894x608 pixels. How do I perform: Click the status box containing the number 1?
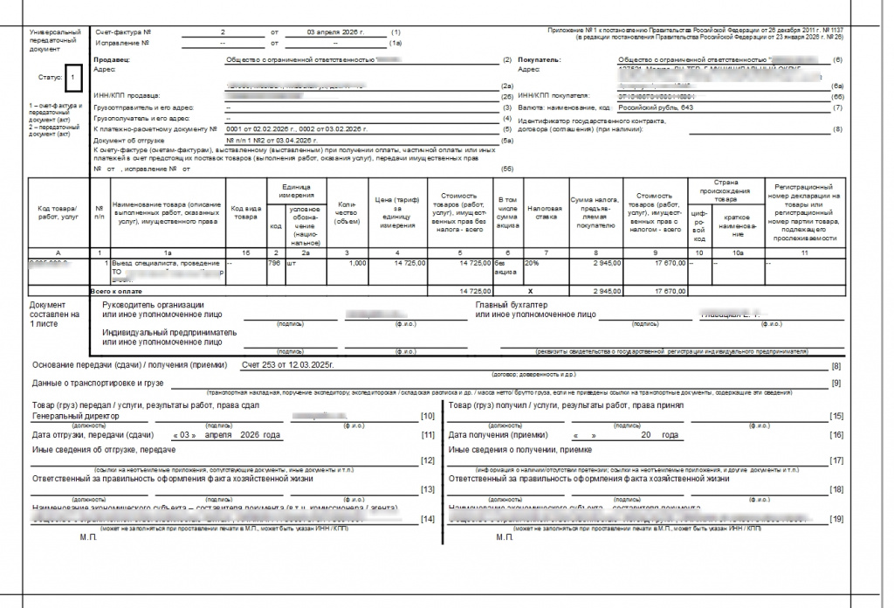click(74, 77)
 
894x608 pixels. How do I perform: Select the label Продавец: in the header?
click(111, 59)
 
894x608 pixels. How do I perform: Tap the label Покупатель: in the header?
click(540, 59)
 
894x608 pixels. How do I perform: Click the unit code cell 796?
click(274, 262)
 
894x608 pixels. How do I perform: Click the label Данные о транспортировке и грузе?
click(99, 383)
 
